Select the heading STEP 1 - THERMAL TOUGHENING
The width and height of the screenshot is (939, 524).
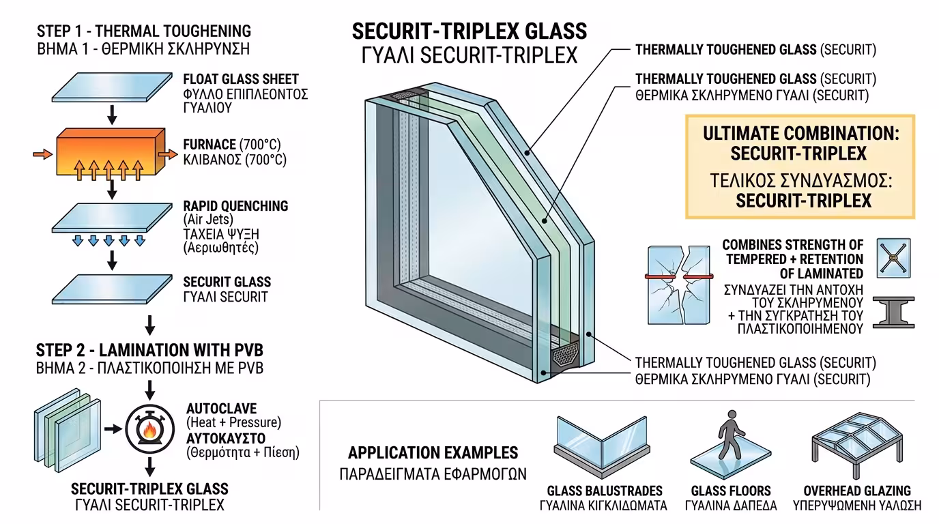click(144, 31)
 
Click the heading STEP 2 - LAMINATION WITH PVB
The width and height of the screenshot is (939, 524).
click(149, 351)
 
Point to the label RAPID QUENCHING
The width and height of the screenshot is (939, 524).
click(235, 206)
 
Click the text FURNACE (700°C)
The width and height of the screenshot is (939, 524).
click(231, 145)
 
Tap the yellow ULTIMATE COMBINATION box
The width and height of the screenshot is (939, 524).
click(800, 166)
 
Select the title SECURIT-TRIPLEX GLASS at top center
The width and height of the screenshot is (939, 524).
click(469, 31)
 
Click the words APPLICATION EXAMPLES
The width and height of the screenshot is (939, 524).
click(433, 452)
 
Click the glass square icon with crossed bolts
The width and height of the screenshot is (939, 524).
click(893, 258)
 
